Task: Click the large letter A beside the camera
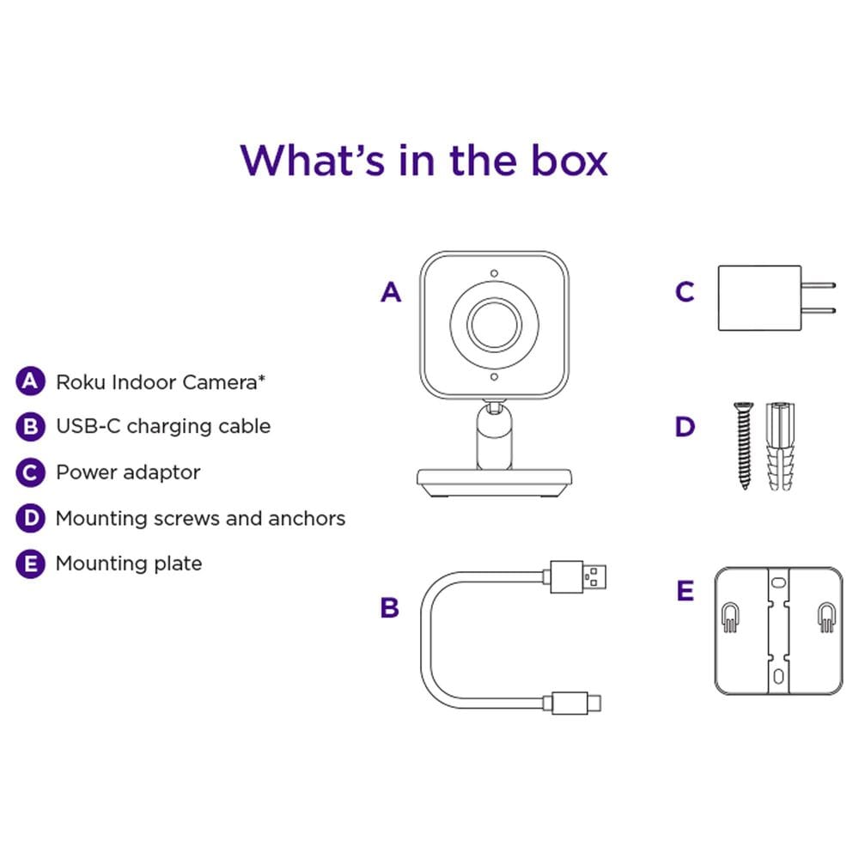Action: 391,293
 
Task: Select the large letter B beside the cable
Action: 390,608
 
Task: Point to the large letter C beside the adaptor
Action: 685,293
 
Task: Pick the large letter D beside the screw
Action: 685,427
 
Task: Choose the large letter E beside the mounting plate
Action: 685,591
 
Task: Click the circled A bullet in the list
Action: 30,381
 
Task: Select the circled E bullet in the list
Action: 30,564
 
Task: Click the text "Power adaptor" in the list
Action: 128,472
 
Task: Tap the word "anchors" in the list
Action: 307,518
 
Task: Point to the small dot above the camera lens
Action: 495,273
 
